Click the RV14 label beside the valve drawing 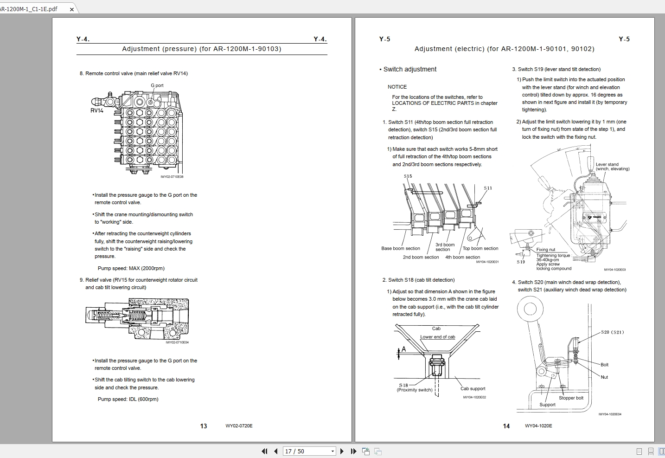coord(96,110)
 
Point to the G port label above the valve coord(157,85)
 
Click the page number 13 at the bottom coord(204,426)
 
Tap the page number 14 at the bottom coord(506,426)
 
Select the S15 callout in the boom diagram coord(408,176)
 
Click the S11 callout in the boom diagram coord(488,188)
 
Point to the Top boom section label coord(480,248)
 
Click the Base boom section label coord(401,248)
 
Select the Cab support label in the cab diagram coord(473,389)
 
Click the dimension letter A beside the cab coord(403,349)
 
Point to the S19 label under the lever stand coord(521,262)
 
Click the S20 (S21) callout coord(612,332)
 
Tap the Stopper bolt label coord(571,398)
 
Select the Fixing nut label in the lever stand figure coord(545,250)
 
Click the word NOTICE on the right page coord(397,87)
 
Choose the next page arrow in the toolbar coord(342,451)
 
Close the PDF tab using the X coord(72,9)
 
